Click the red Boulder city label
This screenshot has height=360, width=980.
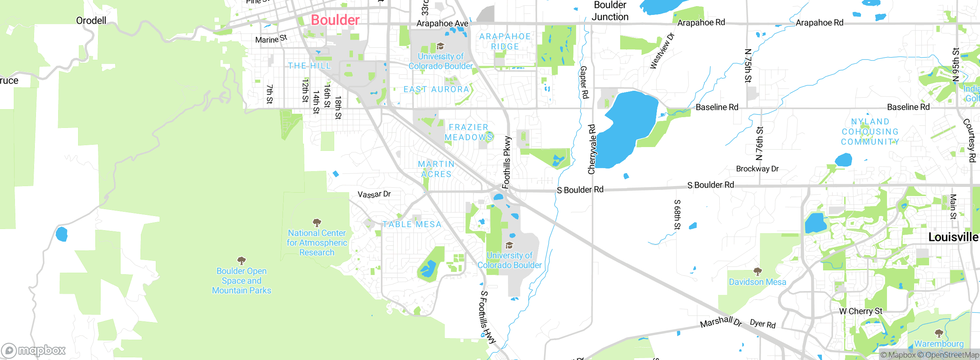click(335, 20)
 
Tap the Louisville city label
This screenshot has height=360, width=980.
click(953, 237)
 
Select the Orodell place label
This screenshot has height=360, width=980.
click(91, 21)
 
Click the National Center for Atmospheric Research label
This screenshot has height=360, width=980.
click(317, 243)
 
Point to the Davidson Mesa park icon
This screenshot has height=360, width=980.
click(757, 272)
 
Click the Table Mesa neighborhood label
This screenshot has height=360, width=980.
click(412, 224)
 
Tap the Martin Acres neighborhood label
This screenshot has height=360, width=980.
click(436, 169)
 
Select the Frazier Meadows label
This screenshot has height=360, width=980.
click(468, 132)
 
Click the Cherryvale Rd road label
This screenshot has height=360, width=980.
click(591, 149)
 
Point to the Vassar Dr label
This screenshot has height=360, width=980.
click(374, 194)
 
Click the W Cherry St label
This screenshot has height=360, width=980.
click(861, 311)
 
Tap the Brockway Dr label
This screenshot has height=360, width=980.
click(757, 169)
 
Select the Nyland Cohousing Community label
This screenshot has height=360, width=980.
click(870, 132)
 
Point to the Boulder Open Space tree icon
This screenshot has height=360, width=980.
click(242, 261)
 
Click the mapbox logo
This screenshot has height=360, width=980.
click(34, 350)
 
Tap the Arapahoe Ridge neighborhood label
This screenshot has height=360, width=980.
click(505, 41)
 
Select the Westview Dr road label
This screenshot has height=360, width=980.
click(662, 51)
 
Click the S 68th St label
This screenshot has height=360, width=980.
click(677, 214)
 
